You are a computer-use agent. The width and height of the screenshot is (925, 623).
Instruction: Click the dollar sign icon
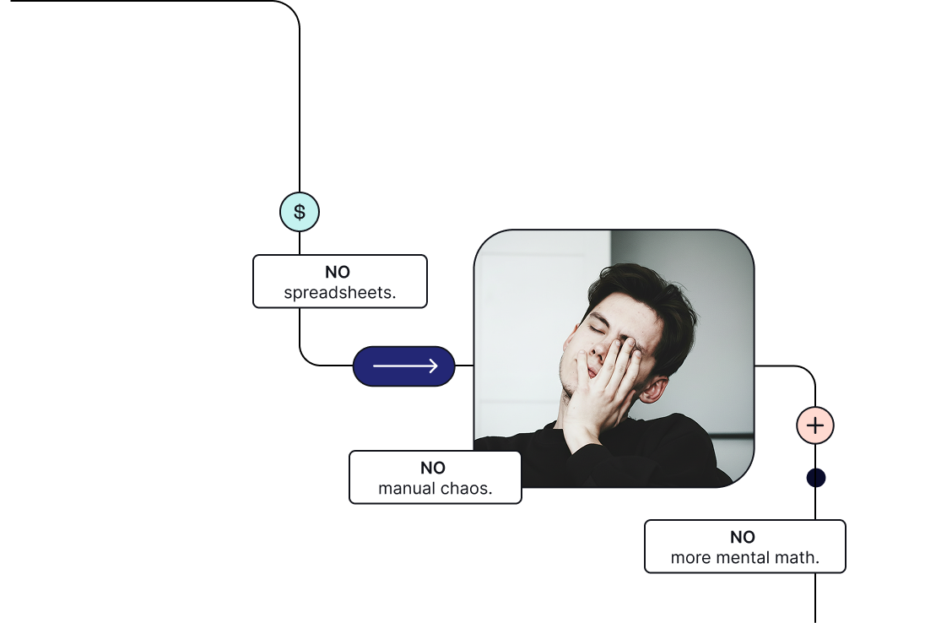300,212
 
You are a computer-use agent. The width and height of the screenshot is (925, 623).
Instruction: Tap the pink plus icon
815,425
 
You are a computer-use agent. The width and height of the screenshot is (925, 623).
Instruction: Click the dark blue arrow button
404,366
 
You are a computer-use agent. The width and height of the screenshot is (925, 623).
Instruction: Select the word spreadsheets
340,293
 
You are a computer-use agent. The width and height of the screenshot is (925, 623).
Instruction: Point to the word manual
405,489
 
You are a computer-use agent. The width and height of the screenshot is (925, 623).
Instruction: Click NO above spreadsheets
338,272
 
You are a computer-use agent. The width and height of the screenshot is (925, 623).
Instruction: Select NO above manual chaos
433,468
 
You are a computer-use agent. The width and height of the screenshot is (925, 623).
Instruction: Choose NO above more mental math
743,537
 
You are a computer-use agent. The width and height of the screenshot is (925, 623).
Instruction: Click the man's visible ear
652,387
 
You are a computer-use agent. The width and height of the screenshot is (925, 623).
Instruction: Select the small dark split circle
815,478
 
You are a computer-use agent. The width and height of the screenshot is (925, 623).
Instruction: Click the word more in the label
690,558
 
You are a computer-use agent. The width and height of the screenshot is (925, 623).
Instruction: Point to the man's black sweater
658,452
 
